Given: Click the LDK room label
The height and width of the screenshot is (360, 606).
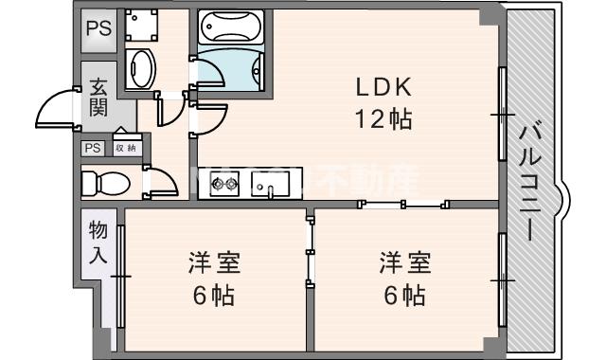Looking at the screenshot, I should click(x=382, y=88).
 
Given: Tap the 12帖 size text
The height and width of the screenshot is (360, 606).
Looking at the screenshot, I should click(x=382, y=120).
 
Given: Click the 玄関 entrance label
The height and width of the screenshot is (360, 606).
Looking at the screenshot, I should click(x=98, y=97).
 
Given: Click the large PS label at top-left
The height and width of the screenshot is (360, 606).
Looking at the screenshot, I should click(x=98, y=28).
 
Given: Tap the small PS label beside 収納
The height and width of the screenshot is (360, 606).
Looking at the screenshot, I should click(x=92, y=148).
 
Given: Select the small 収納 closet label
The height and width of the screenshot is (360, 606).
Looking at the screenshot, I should click(x=124, y=148).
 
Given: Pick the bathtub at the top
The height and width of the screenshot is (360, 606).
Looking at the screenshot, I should click(x=231, y=27).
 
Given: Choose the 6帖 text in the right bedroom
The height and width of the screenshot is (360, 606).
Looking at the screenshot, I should click(x=404, y=296).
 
